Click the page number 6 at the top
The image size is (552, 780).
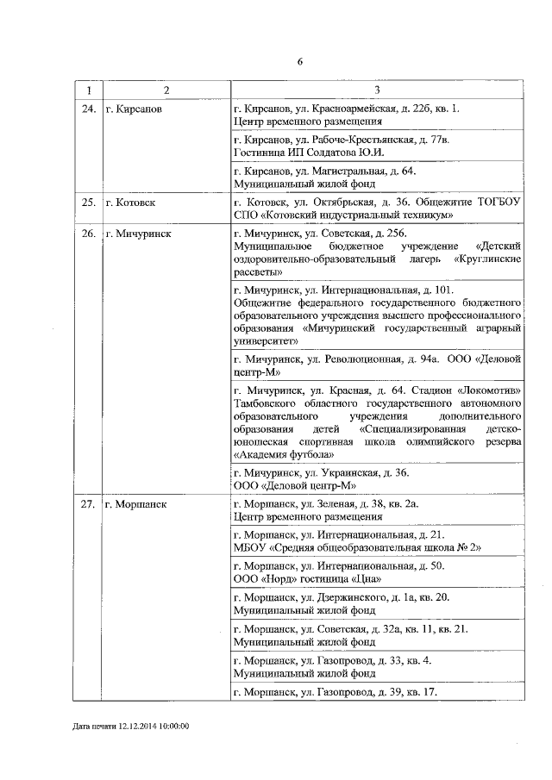(x=299, y=61)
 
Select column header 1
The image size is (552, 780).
(x=87, y=90)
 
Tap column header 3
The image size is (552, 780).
(x=377, y=90)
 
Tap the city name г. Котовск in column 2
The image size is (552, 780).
(x=130, y=203)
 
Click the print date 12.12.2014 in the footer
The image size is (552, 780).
(x=142, y=726)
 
